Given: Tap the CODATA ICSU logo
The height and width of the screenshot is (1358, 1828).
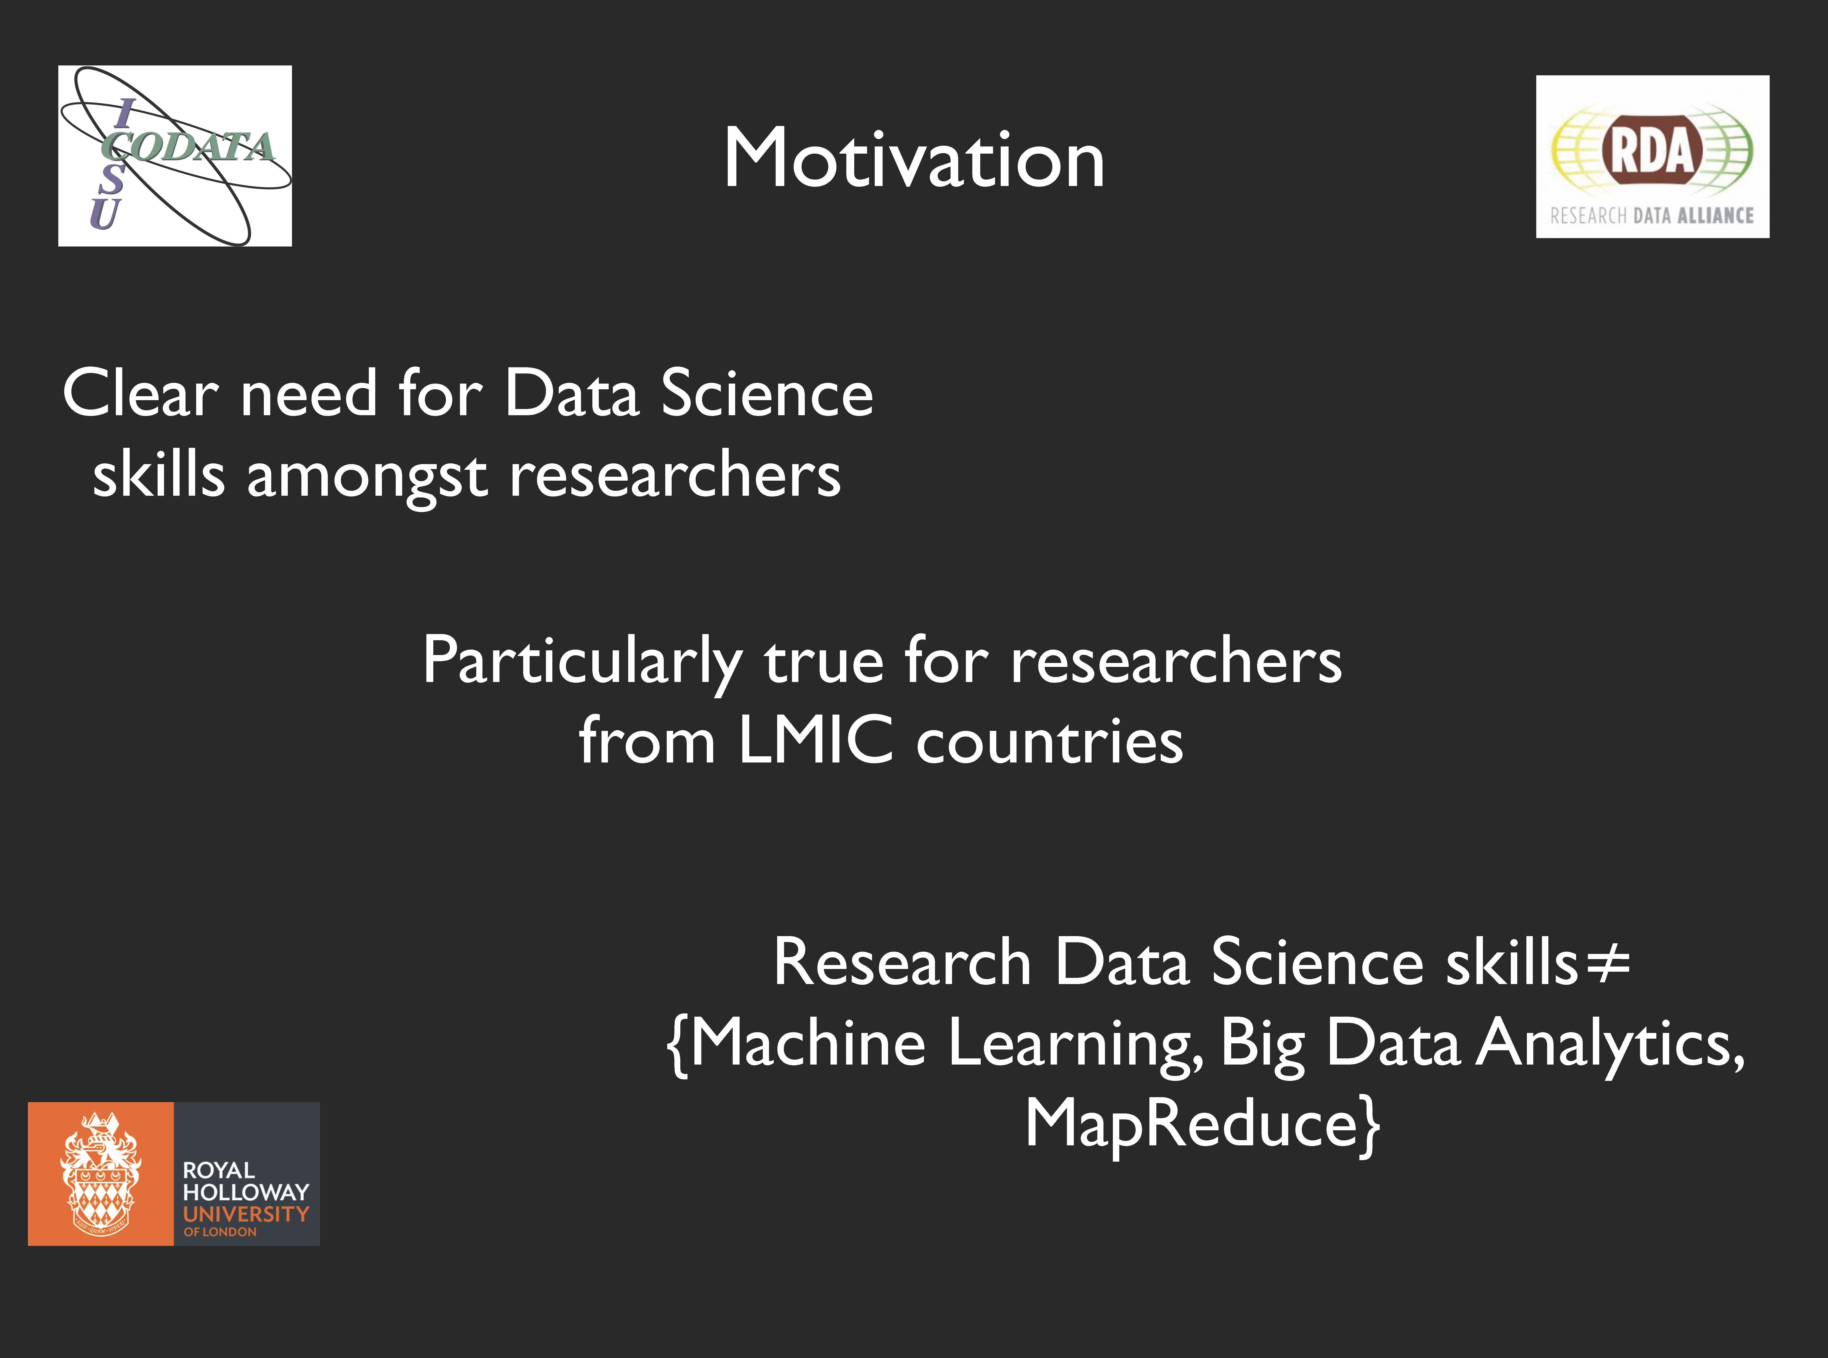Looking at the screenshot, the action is click(x=175, y=155).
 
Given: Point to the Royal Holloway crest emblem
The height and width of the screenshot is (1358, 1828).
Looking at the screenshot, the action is click(x=100, y=1174).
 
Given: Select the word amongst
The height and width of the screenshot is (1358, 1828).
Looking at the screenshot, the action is click(x=367, y=477).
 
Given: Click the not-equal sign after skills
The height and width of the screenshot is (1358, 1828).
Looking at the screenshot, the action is click(x=1607, y=964).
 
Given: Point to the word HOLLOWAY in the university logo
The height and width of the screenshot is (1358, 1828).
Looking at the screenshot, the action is click(x=246, y=1192).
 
